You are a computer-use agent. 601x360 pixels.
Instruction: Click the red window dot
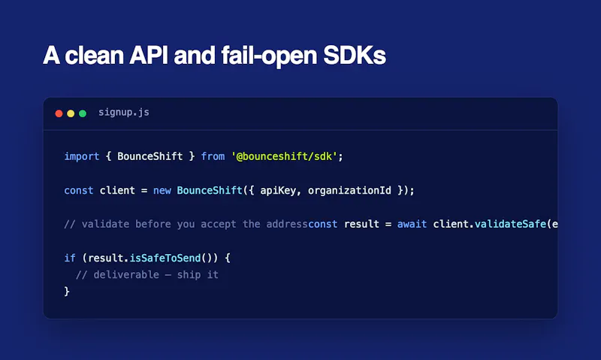pos(59,113)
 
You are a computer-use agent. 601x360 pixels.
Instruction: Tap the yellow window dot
pos(71,113)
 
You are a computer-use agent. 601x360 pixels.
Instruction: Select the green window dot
pos(83,113)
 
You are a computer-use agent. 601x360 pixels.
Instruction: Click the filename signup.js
pos(124,112)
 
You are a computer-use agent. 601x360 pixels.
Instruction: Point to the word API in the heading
pos(148,55)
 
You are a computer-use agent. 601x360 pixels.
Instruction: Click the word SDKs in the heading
pos(355,55)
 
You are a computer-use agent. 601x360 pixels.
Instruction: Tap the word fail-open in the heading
pos(269,56)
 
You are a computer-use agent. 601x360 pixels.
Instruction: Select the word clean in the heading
pos(94,55)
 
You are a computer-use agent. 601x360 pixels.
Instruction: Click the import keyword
pos(82,156)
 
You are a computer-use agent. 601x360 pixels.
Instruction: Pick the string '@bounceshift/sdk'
pos(284,156)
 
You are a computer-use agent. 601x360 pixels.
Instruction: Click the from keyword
pos(213,156)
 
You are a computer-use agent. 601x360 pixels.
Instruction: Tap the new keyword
pos(162,191)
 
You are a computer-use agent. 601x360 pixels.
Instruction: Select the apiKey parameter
pos(278,191)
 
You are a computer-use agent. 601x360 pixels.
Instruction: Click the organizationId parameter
pos(349,191)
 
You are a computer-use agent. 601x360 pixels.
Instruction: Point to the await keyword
pos(412,224)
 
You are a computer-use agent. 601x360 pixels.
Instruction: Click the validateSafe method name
pos(510,224)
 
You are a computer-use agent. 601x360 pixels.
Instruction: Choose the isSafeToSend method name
pos(165,258)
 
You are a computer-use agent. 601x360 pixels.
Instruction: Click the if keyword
pos(70,258)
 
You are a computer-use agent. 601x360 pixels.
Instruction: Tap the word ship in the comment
pos(189,275)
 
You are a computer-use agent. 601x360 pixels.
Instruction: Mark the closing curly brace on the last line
pos(67,292)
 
